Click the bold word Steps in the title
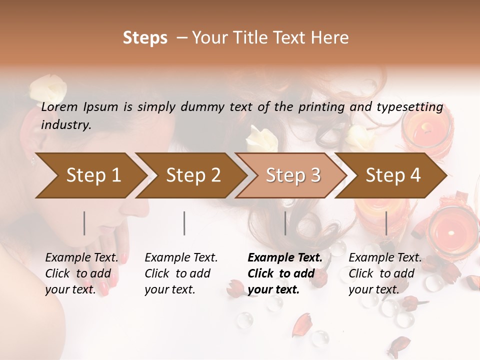coord(145,38)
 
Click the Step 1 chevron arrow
coord(90,175)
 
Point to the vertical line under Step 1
coord(84,223)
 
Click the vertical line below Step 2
coord(184,223)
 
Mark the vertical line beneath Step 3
coord(285,223)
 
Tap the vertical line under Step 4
coord(386,223)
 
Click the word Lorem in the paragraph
coord(59,107)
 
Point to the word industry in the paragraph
coord(66,125)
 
